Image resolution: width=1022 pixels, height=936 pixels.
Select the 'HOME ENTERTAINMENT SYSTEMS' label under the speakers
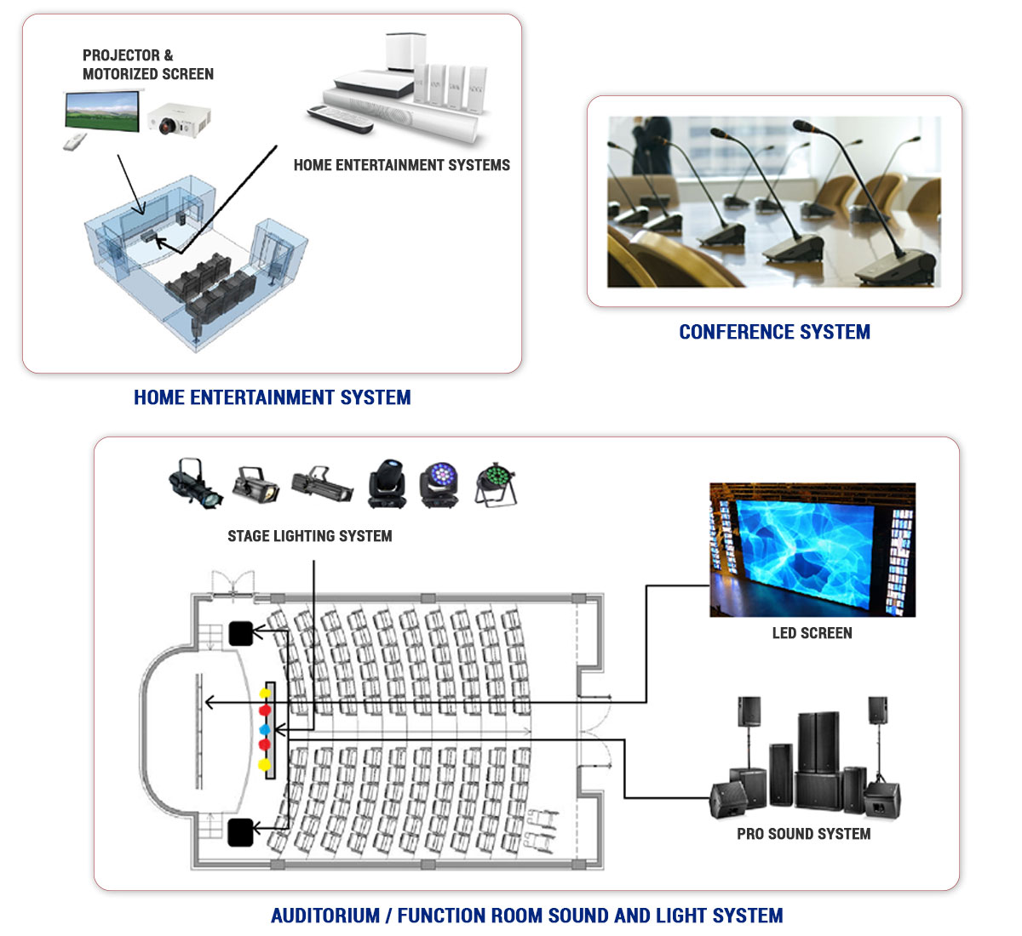coord(401,165)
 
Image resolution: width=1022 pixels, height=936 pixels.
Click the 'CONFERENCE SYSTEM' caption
coord(774,332)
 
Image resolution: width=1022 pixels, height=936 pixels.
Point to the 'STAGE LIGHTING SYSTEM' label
coord(309,536)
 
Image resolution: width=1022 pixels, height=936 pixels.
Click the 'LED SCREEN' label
coord(812,633)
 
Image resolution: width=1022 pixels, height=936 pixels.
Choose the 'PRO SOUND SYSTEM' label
coord(803,834)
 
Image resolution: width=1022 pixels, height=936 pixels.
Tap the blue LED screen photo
coord(812,550)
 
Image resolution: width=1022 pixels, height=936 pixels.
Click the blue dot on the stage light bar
coord(264,730)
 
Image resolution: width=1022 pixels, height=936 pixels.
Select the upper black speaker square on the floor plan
coord(241,633)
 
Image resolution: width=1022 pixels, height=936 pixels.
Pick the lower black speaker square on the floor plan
coord(241,831)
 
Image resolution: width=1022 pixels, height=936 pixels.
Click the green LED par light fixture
coord(495,483)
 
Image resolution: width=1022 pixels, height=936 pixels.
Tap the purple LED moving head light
coord(439,483)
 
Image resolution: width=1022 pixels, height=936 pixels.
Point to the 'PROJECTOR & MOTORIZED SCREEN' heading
coord(147,65)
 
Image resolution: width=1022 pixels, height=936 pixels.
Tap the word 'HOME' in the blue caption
coord(159,397)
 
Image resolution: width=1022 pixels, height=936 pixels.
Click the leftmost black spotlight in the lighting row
coord(194,483)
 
